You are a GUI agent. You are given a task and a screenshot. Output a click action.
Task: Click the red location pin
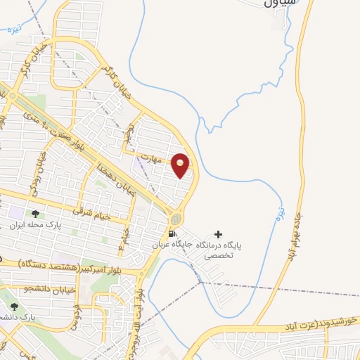coord(181,165)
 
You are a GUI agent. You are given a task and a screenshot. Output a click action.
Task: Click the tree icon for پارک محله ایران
coord(35,214)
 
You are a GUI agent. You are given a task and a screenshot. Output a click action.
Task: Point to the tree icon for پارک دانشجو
coord(14,307)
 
